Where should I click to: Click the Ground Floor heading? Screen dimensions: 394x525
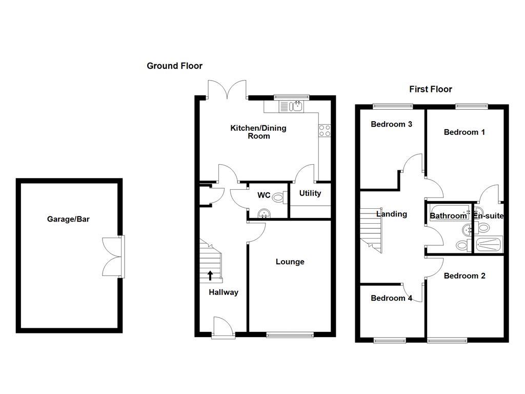click(174, 66)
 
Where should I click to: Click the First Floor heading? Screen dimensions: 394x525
click(430, 89)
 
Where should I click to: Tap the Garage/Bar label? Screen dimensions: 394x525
click(68, 219)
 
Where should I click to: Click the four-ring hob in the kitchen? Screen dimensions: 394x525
click(325, 131)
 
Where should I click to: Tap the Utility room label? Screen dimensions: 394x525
click(310, 193)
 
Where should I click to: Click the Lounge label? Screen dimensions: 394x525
click(290, 262)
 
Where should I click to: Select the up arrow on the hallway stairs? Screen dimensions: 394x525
click(210, 275)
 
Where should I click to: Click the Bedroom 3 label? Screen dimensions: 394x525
click(391, 124)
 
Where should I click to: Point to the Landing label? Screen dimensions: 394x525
click(391, 214)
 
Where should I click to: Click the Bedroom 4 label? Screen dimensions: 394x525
click(391, 298)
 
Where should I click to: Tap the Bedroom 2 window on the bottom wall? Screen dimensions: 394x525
click(448, 339)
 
